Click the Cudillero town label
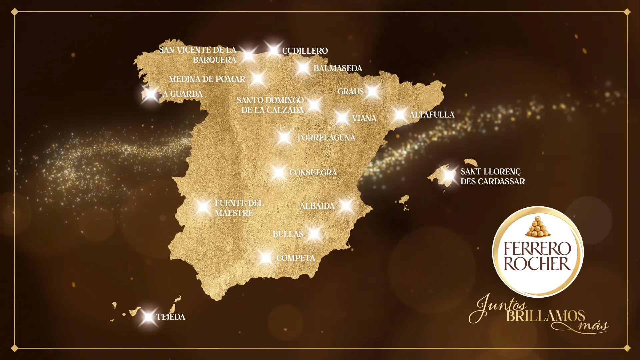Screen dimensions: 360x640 tap(305, 51)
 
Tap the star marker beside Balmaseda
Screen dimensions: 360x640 tap(303, 68)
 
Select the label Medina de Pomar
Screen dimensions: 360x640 tap(207, 79)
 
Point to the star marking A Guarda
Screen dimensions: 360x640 tap(151, 94)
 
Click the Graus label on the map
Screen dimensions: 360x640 tap(350, 92)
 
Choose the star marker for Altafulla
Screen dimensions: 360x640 tap(399, 114)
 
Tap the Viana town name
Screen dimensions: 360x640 tap(364, 118)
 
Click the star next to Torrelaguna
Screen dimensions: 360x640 tap(284, 137)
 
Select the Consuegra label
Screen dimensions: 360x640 tap(313, 173)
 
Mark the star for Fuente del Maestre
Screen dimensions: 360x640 tap(203, 207)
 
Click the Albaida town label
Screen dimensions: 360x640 tap(317, 206)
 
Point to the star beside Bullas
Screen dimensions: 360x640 tap(314, 234)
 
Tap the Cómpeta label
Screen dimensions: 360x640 tap(296, 258)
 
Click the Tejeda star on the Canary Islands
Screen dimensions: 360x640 tap(148, 316)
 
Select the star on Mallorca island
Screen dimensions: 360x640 tap(449, 175)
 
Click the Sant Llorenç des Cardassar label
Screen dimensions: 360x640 tap(492, 177)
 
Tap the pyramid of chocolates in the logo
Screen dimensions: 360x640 tap(537, 226)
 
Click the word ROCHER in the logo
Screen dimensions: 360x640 tap(537, 264)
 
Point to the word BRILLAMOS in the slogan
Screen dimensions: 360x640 tap(546, 316)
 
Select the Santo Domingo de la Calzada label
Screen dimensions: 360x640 tap(270, 105)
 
